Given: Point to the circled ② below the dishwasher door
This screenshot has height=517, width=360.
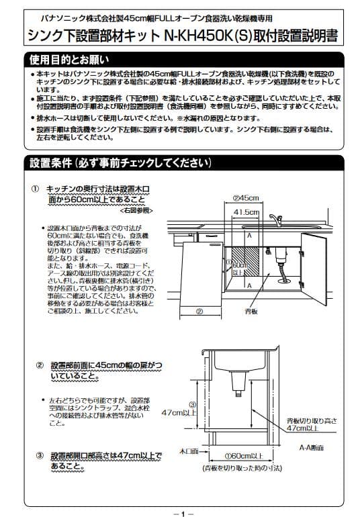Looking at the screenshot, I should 199,312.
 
